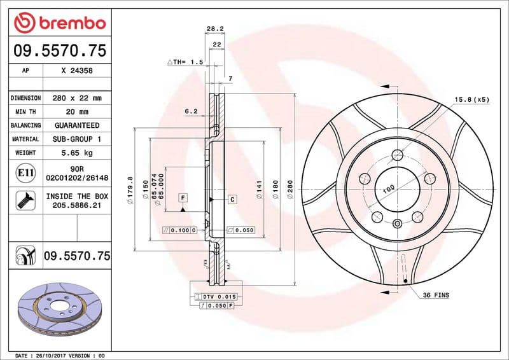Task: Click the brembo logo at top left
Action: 59,23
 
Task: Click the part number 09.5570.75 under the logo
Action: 59,51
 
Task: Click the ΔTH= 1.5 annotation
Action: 185,62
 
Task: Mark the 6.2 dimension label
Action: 191,111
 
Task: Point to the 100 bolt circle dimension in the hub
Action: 388,189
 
